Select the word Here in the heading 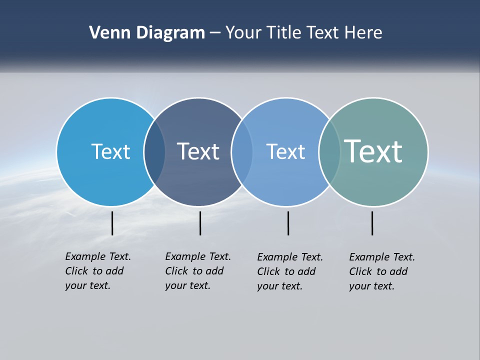tap(363, 33)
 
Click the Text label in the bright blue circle tap(110, 151)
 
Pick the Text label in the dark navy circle tap(198, 151)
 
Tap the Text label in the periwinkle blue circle tap(285, 151)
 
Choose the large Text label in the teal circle tap(373, 151)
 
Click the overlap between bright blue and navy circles tap(154, 151)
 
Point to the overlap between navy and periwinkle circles tap(242, 151)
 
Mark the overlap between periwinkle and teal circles tap(329, 151)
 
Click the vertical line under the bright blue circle tap(112, 223)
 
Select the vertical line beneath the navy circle tap(200, 223)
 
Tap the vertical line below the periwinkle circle tap(288, 223)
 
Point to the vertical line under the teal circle tap(372, 223)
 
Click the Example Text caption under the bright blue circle tap(97, 271)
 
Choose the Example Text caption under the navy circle tap(197, 271)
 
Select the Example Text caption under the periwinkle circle tap(289, 271)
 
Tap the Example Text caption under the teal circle tap(381, 271)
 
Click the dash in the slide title tap(215, 33)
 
